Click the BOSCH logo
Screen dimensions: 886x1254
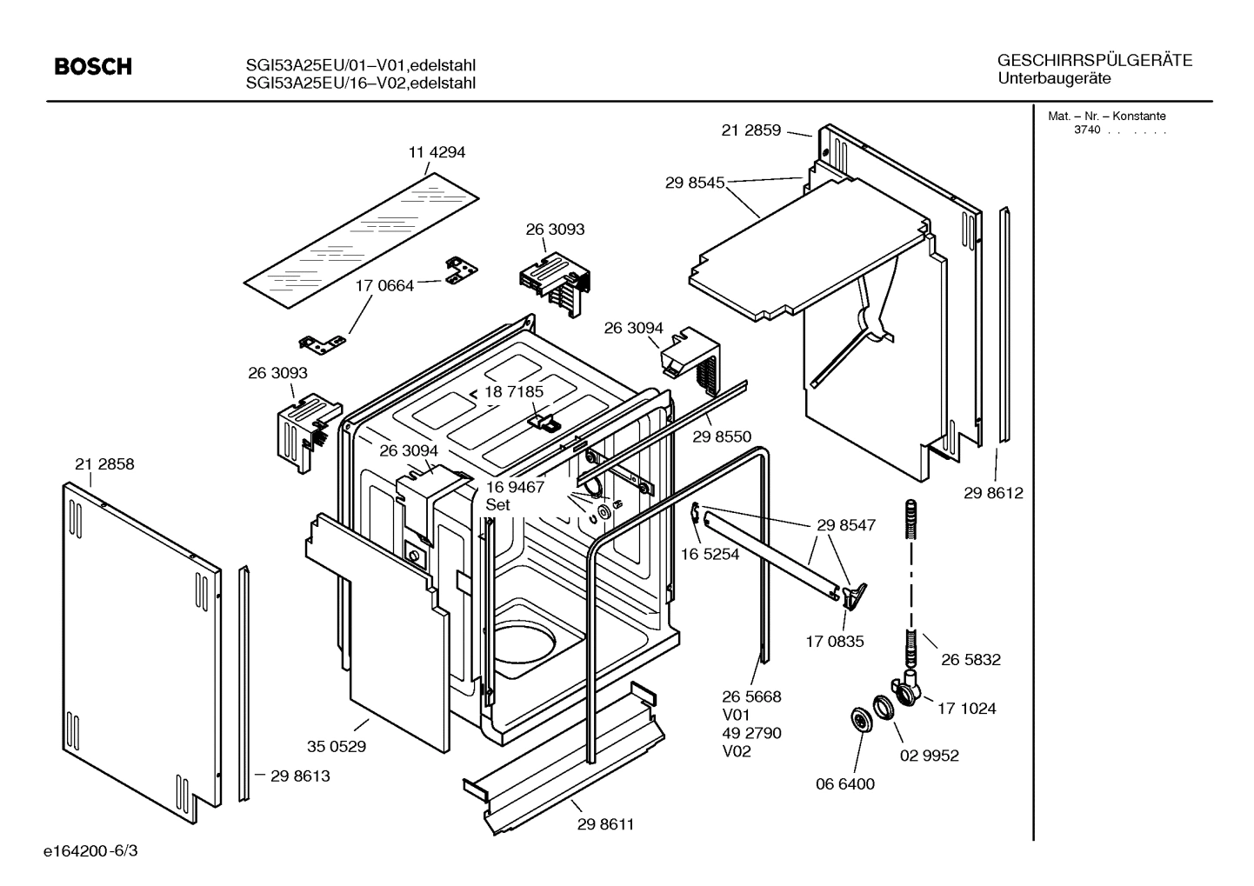93,67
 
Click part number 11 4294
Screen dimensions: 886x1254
437,152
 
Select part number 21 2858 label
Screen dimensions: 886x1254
104,464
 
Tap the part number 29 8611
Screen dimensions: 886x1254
605,824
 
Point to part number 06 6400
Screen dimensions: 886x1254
844,784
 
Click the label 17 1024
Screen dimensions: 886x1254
966,709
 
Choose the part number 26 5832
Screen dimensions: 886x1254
971,660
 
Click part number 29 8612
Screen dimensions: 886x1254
993,493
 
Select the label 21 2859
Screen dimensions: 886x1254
751,131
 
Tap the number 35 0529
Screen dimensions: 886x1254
336,746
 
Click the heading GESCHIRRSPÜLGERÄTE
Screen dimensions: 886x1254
1094,61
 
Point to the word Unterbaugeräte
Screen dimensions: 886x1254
1054,79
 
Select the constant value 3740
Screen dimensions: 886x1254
1086,130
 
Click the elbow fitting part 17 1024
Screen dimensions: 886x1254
908,688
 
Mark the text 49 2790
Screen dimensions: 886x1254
751,733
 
